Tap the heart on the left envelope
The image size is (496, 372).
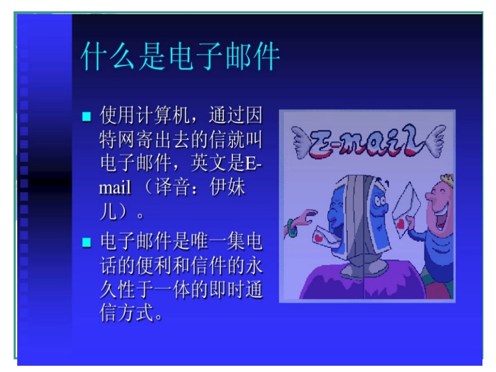point(319,238)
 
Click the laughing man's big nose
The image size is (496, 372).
point(429,199)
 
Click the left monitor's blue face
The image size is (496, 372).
point(335,209)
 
